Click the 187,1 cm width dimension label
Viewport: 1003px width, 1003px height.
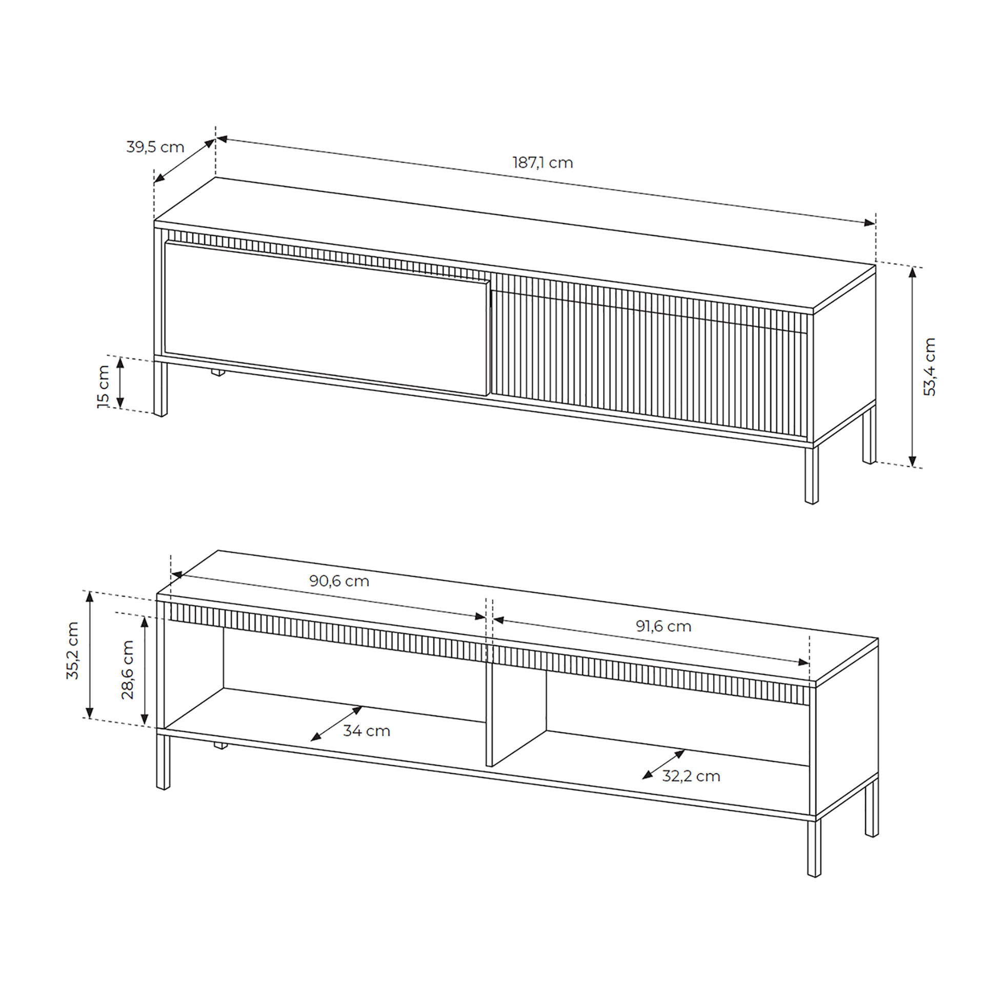tap(543, 163)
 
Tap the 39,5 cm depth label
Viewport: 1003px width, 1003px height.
tap(155, 147)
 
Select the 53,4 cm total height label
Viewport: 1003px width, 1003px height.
tap(930, 367)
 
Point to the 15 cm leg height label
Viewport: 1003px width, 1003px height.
tap(104, 386)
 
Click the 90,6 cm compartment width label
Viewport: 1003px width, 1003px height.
tap(339, 581)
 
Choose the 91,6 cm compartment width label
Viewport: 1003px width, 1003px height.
tap(664, 626)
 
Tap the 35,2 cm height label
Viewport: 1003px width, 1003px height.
tap(72, 651)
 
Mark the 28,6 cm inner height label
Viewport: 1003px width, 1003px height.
tap(128, 670)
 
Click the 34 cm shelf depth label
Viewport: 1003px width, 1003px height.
tap(367, 731)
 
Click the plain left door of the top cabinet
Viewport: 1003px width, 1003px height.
tap(327, 318)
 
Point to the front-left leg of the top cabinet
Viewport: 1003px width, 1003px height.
tap(161, 388)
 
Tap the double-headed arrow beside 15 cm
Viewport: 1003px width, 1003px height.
tap(121, 383)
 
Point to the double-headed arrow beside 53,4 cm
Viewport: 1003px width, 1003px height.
tap(913, 367)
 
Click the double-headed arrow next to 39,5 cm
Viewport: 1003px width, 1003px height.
tap(185, 161)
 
